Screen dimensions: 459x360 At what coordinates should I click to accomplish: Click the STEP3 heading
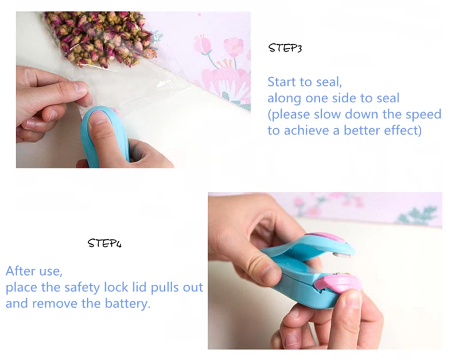(x=285, y=48)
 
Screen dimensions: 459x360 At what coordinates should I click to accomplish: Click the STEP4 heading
(x=104, y=243)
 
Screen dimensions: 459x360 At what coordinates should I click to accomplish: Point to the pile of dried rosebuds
(x=101, y=38)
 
